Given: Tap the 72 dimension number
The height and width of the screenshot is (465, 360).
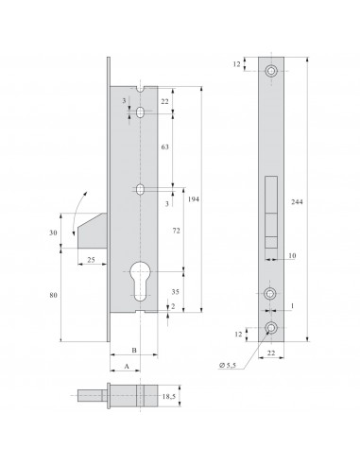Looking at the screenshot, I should click(175, 232).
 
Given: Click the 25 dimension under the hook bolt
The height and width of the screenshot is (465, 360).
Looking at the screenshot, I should click(90, 260).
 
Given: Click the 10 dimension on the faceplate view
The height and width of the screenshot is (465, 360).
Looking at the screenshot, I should click(292, 256).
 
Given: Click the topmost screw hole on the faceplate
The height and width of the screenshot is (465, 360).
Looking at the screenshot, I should click(272, 70).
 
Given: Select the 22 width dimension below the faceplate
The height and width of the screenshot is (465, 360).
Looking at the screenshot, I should click(272, 352).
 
